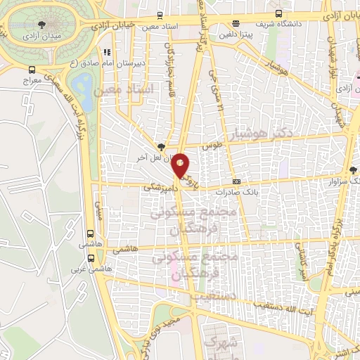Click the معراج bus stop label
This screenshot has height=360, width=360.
coord(32,81)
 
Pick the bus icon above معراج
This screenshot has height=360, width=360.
coord(32,70)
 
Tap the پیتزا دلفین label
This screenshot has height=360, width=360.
coord(235,32)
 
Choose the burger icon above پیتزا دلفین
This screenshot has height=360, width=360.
coord(235,22)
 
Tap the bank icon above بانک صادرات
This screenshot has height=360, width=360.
coord(237,180)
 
